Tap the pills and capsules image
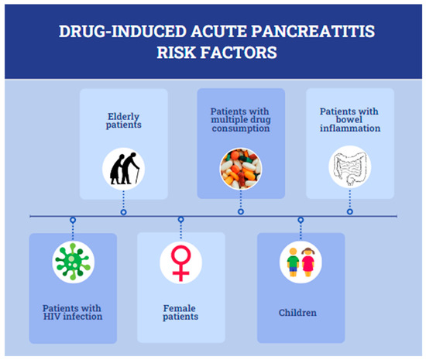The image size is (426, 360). (x=241, y=170)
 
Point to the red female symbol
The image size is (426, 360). (x=181, y=262)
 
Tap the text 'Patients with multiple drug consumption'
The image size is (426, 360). (x=241, y=120)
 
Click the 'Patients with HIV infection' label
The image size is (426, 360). (x=73, y=311)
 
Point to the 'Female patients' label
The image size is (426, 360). (x=181, y=311)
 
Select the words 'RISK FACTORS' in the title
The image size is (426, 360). (x=213, y=56)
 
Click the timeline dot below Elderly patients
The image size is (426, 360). (x=124, y=211)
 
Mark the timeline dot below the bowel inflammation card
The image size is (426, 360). (x=350, y=211)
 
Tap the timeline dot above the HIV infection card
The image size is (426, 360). (x=73, y=221)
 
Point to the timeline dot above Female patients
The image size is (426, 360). (x=181, y=221)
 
